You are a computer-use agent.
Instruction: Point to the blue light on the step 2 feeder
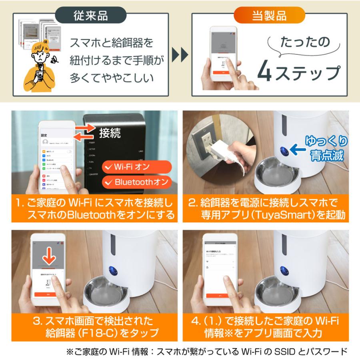click(284, 151)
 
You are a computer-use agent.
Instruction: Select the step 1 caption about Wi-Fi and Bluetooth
click(95, 208)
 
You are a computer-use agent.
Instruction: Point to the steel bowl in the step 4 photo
click(278, 294)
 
